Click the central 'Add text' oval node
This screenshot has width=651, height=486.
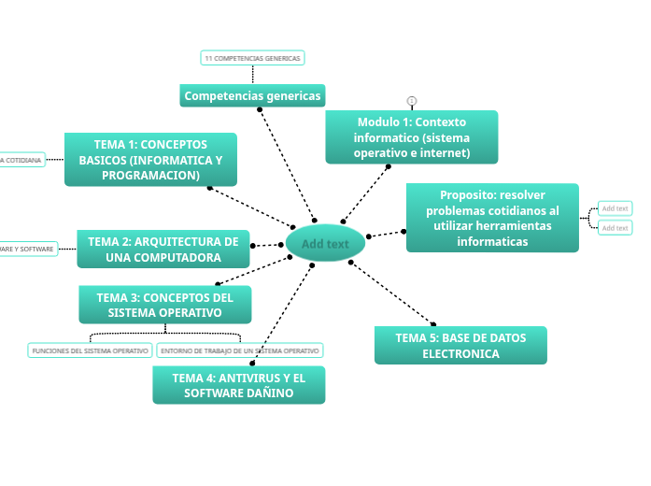pyautogui.click(x=325, y=244)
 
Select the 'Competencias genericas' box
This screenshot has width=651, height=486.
pyautogui.click(x=252, y=95)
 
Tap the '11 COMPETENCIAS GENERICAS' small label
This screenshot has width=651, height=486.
pyautogui.click(x=252, y=58)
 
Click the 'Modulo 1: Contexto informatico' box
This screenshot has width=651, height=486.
pyautogui.click(x=411, y=136)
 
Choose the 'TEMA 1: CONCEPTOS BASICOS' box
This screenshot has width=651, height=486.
pyautogui.click(x=150, y=160)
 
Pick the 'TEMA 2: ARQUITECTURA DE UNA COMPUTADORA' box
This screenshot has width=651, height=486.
pyautogui.click(x=163, y=250)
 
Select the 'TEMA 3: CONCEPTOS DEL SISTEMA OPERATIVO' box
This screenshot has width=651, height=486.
pyautogui.click(x=164, y=305)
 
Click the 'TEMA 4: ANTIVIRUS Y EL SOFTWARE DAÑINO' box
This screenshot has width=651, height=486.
pyautogui.click(x=238, y=385)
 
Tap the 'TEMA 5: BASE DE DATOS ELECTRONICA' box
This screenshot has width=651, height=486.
pyautogui.click(x=460, y=346)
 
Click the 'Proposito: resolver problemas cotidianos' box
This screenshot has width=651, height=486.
pyautogui.click(x=492, y=218)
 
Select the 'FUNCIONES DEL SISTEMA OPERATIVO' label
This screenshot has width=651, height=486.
pyautogui.click(x=90, y=350)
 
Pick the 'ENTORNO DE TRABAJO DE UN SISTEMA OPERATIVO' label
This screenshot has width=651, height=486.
pyautogui.click(x=239, y=350)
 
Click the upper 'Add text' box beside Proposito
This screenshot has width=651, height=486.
pyautogui.click(x=615, y=208)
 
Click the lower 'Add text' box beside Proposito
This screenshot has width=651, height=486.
pyautogui.click(x=615, y=228)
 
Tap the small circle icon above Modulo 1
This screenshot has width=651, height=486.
pyautogui.click(x=411, y=101)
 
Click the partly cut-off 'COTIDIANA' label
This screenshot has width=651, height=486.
pyautogui.click(x=21, y=161)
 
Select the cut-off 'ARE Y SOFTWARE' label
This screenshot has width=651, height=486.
pyautogui.click(x=28, y=249)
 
